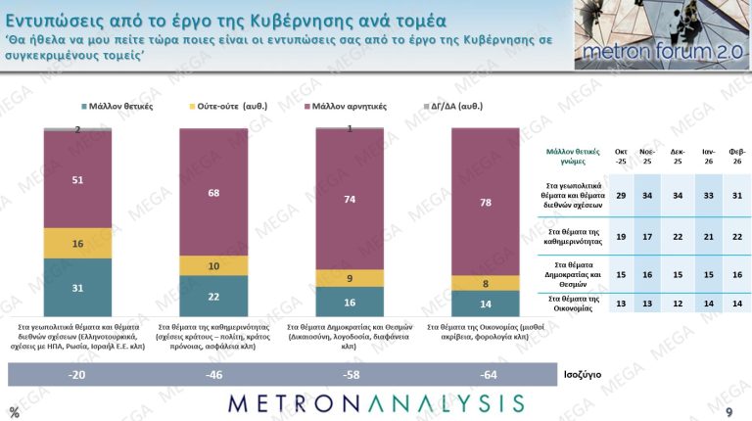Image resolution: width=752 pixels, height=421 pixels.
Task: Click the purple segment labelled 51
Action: pyautogui.click(x=77, y=179)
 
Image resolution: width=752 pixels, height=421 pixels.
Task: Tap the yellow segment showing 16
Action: pyautogui.click(x=77, y=243)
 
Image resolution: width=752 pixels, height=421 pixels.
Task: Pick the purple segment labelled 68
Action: pyautogui.click(x=213, y=192)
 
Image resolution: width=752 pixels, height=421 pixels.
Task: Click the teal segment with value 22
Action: pyautogui.click(x=213, y=295)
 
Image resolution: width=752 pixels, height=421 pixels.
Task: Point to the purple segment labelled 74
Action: pyautogui.click(x=349, y=199)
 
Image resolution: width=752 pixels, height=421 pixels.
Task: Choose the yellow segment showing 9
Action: pyautogui.click(x=349, y=278)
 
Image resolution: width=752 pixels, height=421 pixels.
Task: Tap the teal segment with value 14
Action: pyautogui.click(x=484, y=304)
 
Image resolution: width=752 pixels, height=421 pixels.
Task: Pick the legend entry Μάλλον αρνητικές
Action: pyautogui.click(x=347, y=105)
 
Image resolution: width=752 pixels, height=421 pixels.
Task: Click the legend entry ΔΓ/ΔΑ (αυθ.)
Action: pyautogui.click(x=460, y=105)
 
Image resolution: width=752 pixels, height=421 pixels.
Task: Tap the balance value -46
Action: pyautogui.click(x=213, y=375)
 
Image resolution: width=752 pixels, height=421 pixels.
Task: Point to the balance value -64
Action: pyautogui.click(x=484, y=375)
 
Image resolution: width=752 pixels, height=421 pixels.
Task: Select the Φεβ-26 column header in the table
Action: pyautogui.click(x=735, y=157)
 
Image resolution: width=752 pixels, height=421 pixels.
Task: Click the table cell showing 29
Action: pyautogui.click(x=621, y=196)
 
